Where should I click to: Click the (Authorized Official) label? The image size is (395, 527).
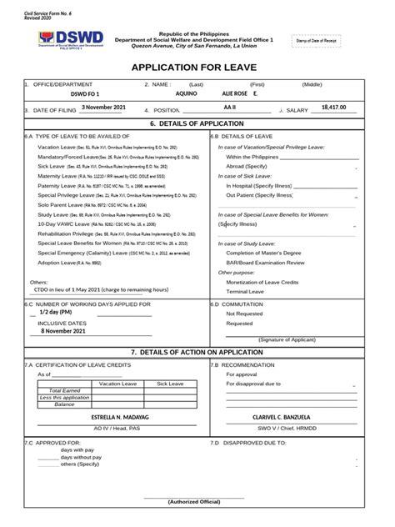pyautogui.click(x=193, y=501)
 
